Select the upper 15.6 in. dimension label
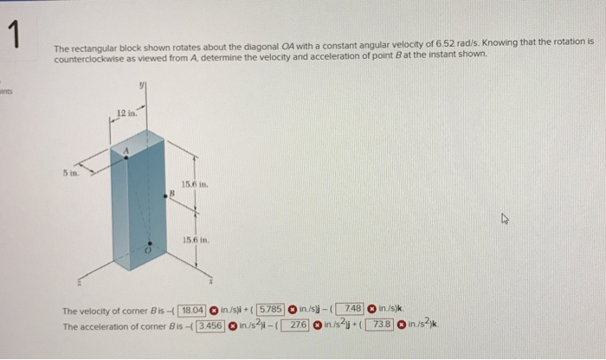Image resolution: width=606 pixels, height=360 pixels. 193,182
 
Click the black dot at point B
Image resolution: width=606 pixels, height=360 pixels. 173,202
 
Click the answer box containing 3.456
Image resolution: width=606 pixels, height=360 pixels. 210,325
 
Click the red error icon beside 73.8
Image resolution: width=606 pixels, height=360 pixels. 403,325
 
